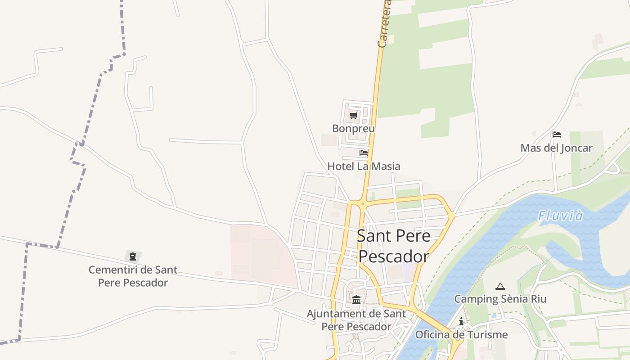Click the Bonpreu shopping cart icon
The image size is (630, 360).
[353, 115]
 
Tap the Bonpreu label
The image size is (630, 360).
[353, 129]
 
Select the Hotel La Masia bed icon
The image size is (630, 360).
[364, 153]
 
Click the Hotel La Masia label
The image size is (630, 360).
[364, 166]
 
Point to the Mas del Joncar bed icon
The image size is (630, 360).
[557, 134]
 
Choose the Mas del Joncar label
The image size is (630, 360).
[556, 148]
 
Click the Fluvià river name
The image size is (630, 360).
[561, 216]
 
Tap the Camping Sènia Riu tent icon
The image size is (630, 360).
[500, 286]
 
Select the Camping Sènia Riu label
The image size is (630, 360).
[500, 299]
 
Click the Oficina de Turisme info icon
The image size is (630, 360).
[461, 321]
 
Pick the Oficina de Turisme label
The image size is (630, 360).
[461, 335]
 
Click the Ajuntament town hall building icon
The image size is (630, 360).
[356, 300]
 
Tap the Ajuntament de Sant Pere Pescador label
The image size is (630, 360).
[356, 320]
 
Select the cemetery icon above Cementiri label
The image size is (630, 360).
[133, 256]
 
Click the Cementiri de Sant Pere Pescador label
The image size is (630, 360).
[133, 276]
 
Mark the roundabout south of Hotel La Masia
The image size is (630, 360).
[362, 203]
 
